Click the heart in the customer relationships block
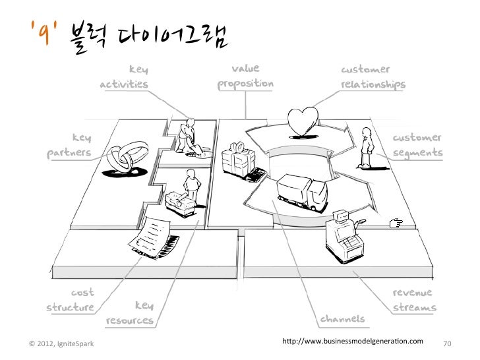point(305,121)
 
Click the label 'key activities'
point(125,78)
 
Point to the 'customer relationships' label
point(373,78)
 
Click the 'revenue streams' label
point(414,300)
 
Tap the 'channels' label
point(342,320)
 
